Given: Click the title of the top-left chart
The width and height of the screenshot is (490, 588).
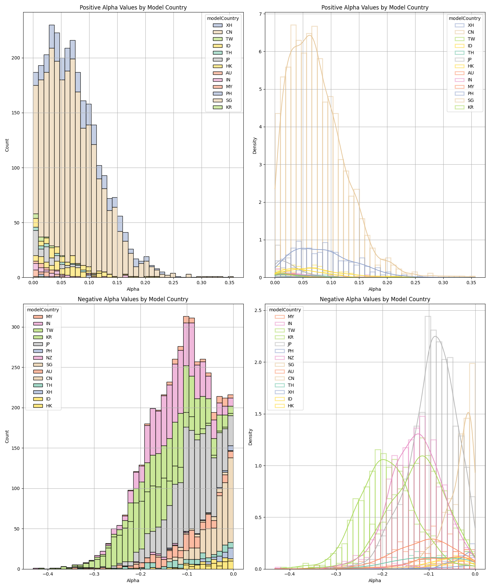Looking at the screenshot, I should tap(133, 8).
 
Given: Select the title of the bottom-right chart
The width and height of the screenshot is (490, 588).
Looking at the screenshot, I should tap(375, 299).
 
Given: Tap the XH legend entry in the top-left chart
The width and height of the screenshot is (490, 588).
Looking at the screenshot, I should tap(229, 25).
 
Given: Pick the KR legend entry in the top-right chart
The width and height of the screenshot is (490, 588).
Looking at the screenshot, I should tap(470, 107).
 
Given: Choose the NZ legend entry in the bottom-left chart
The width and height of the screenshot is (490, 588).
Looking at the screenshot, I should tap(49, 358).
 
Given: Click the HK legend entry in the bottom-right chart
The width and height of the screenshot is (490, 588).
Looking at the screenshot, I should tap(290, 406).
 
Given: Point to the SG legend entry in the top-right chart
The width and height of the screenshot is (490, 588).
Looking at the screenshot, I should tap(470, 100).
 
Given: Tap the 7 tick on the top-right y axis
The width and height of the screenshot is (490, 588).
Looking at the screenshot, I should tap(261, 14).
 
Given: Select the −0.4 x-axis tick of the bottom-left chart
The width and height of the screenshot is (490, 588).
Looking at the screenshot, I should tap(48, 574).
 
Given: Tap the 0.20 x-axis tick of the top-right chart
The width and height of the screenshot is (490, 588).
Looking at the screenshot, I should tap(387, 282).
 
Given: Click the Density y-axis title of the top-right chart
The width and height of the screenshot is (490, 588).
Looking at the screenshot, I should tap(255, 145).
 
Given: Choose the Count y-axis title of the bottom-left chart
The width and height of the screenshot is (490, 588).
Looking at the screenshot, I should tap(7, 437).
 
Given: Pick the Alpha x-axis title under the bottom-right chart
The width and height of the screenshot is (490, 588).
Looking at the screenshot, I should tap(375, 580).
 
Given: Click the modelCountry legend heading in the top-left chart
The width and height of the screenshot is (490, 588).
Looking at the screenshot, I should tap(223, 18).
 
